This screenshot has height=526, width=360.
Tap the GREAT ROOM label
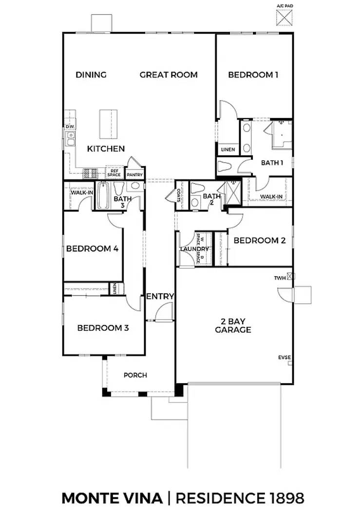coord(169,75)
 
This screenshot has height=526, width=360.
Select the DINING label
coord(91,75)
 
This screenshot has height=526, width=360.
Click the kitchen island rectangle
coord(109,124)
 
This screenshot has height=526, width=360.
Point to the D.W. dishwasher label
coord(70,127)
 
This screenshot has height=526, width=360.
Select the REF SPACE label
coord(114,173)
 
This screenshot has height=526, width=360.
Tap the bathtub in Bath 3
coord(102,196)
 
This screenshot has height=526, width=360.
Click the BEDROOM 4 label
coord(93,248)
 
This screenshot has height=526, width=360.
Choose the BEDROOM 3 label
coord(103,328)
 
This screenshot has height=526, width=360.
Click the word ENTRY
coord(160,296)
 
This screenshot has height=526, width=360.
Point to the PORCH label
coord(135,375)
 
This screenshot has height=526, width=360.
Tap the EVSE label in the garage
coord(284,357)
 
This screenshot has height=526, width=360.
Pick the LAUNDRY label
coord(194,249)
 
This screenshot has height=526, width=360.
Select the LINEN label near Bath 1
coord(227,150)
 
